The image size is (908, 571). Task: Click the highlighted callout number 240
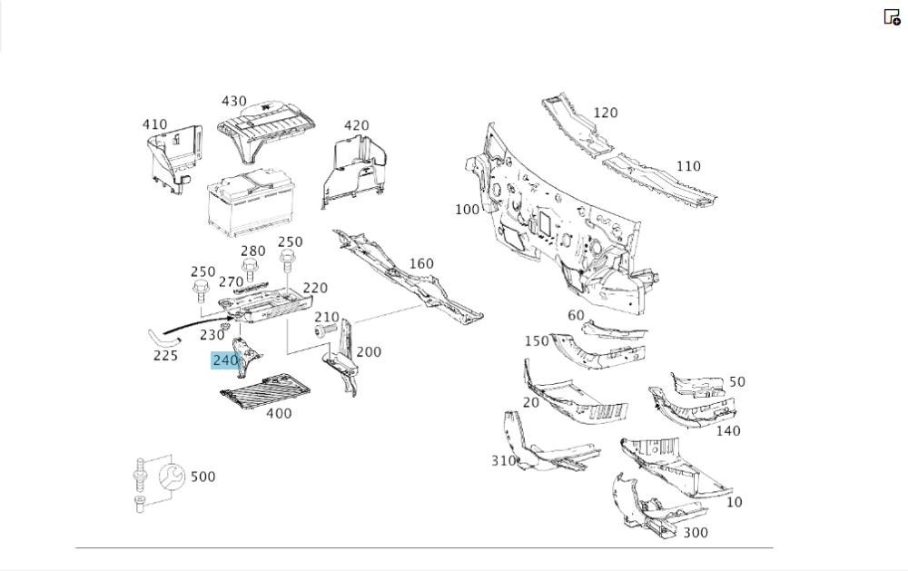tap(225, 360)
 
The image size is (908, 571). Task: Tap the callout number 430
tap(233, 102)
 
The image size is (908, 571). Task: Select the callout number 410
tap(154, 124)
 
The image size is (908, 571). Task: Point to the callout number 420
tap(356, 125)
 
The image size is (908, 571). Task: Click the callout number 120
tap(605, 113)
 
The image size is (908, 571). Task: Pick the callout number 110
tap(688, 166)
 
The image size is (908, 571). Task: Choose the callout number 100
tap(467, 210)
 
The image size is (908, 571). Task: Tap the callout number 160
tap(421, 264)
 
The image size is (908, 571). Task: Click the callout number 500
tap(203, 477)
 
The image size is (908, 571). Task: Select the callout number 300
tap(695, 532)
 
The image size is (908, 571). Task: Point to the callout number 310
tap(504, 460)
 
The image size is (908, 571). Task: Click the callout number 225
tap(165, 355)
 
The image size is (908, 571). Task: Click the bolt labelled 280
tap(249, 269)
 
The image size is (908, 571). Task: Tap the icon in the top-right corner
tap(892, 16)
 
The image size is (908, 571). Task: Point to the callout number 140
tap(728, 430)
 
